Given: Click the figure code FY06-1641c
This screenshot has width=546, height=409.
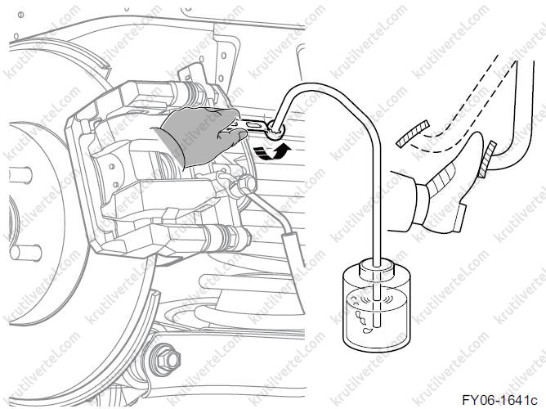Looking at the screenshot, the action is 499,400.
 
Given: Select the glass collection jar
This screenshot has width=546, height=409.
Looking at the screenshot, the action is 376,306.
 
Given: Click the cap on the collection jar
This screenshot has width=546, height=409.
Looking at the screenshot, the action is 377,267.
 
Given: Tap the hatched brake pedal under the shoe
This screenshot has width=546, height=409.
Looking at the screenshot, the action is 486,159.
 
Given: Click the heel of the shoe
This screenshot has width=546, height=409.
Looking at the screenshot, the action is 459,218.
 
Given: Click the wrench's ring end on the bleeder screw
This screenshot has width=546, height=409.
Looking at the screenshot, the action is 275,130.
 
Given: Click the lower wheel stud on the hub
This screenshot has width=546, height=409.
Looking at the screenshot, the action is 25,253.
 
